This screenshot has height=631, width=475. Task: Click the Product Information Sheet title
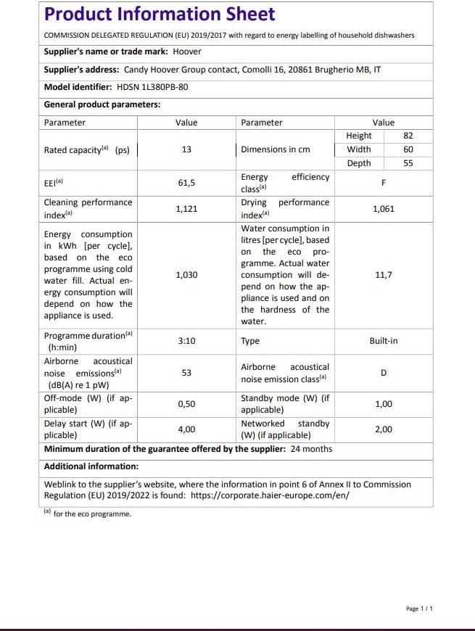[x=160, y=14]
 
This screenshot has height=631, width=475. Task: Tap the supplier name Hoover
[x=187, y=51]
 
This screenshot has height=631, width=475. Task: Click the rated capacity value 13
[x=186, y=149]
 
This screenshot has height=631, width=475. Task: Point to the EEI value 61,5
[x=186, y=183]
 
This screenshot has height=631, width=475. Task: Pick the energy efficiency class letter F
[x=384, y=183]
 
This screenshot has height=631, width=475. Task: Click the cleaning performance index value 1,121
[x=186, y=208]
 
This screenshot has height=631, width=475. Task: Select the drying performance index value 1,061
[x=384, y=208]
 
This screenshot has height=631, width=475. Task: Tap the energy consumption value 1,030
[x=186, y=275]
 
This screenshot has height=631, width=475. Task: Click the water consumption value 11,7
[x=384, y=275]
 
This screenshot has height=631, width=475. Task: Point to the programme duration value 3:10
[x=186, y=341]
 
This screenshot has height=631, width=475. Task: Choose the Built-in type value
[x=384, y=341]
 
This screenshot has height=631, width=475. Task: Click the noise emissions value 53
[x=186, y=373]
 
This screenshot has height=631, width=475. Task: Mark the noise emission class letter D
[x=384, y=373]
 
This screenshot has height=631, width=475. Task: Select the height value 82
[x=408, y=136]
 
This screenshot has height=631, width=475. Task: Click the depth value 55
[x=408, y=163]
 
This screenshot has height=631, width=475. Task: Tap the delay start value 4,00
[x=186, y=429]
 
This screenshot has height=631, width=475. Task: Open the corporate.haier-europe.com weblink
[x=270, y=495]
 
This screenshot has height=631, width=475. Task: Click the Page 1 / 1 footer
[x=420, y=609]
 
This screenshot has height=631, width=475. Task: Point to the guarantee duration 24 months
[x=312, y=449]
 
